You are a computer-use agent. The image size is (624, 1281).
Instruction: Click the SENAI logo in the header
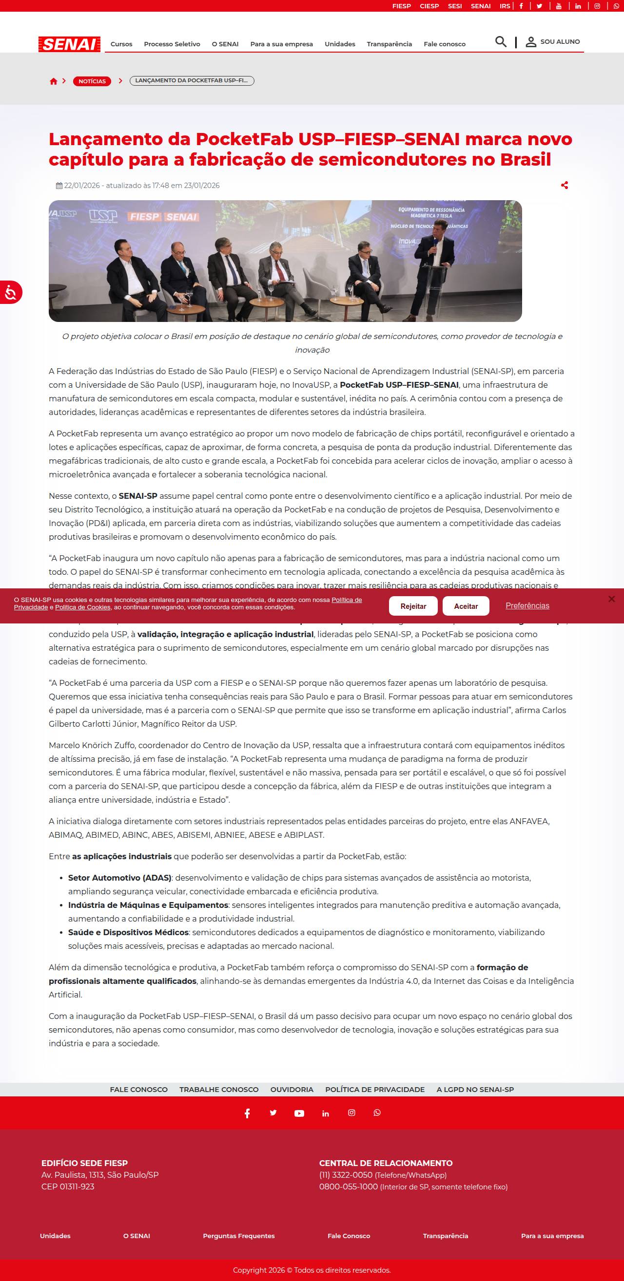(x=69, y=44)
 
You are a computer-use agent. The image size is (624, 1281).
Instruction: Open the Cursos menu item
(x=121, y=44)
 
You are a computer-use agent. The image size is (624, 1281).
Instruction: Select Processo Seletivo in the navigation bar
(x=172, y=44)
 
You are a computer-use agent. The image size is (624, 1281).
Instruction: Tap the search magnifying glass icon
(x=501, y=42)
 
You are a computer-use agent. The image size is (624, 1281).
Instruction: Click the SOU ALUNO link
(x=553, y=42)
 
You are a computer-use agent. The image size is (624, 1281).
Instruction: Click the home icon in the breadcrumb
(x=54, y=81)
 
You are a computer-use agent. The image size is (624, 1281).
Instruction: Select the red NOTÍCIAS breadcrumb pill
(x=92, y=81)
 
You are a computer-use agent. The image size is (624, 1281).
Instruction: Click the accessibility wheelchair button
(x=10, y=292)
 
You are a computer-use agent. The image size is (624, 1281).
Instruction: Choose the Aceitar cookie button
(x=466, y=606)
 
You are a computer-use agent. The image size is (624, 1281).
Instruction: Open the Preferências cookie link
(x=527, y=606)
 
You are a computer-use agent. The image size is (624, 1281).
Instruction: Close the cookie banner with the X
(x=611, y=599)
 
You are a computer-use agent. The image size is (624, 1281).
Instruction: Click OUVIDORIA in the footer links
(x=292, y=1090)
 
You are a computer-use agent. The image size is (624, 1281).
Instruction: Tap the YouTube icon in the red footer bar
(x=299, y=1113)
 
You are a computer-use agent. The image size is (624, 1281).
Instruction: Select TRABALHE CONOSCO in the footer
(x=219, y=1090)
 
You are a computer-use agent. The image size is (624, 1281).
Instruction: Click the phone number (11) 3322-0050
(x=346, y=1175)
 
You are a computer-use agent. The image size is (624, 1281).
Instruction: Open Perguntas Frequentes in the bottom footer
(x=239, y=1236)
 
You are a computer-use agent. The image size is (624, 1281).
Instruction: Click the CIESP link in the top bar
(x=429, y=6)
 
